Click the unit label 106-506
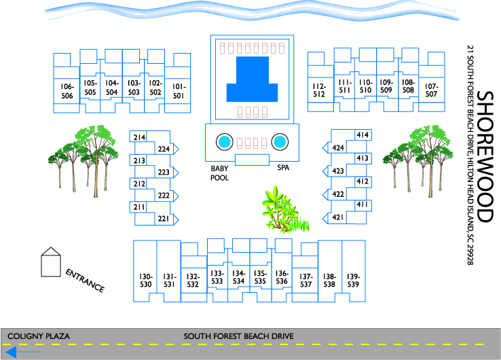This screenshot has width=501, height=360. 67,91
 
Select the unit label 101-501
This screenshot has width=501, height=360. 179,91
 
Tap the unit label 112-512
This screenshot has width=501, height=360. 319,90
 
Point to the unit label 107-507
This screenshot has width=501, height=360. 431,90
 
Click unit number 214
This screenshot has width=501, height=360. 139,137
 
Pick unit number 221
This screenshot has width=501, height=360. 164,219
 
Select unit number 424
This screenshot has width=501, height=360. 338,147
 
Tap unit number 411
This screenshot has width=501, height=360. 363,204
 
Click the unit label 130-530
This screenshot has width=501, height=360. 145,281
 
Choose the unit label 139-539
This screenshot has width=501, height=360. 353,281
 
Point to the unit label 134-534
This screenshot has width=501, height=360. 238,277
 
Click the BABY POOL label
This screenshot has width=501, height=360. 219,173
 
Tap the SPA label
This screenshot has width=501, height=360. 283,168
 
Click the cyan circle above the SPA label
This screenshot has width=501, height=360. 280,142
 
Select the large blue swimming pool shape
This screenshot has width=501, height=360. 252,79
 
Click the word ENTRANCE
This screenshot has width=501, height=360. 85,281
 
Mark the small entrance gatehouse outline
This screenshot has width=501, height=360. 51,262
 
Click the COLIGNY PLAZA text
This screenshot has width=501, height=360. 39,336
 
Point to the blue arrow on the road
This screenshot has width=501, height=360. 22,352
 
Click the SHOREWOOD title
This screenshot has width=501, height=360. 485,157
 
